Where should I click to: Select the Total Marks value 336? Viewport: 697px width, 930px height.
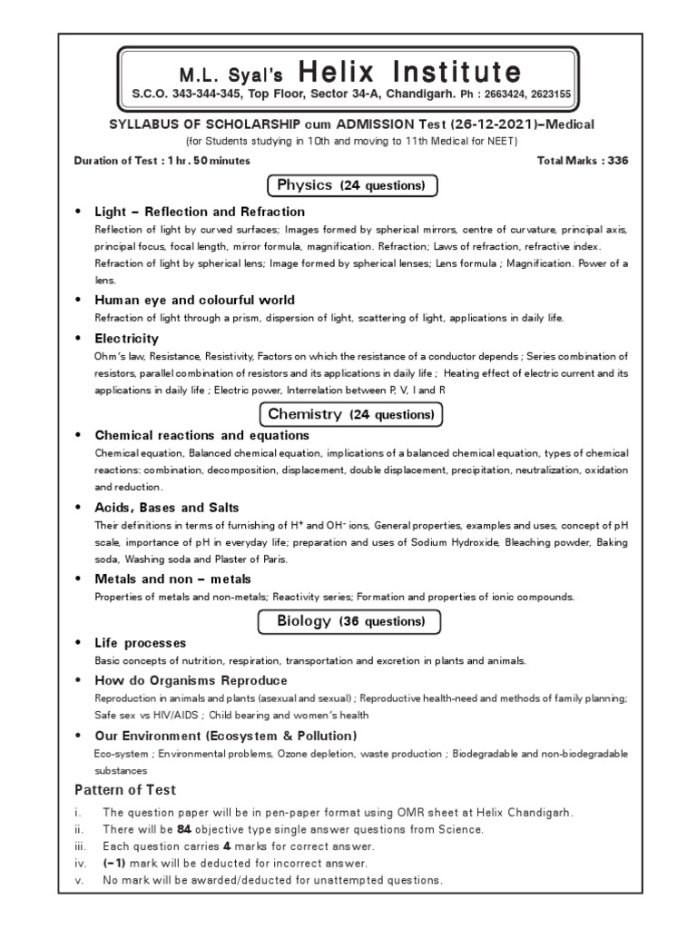click(x=616, y=161)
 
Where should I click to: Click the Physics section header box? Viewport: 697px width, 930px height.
click(x=353, y=185)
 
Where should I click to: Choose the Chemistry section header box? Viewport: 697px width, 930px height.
click(x=353, y=415)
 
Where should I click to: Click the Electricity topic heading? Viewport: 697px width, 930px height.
click(x=126, y=338)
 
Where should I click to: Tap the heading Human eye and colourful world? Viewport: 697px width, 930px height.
click(x=194, y=300)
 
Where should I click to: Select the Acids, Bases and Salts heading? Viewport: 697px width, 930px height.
click(x=167, y=507)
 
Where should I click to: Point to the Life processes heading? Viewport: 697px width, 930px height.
click(x=140, y=643)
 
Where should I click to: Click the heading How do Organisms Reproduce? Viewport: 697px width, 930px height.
click(x=191, y=680)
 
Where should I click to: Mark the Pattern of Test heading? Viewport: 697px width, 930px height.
click(x=125, y=790)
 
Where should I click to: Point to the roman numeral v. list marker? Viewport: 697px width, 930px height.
click(x=79, y=880)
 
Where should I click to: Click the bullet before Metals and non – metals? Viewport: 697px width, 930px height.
click(x=78, y=579)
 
